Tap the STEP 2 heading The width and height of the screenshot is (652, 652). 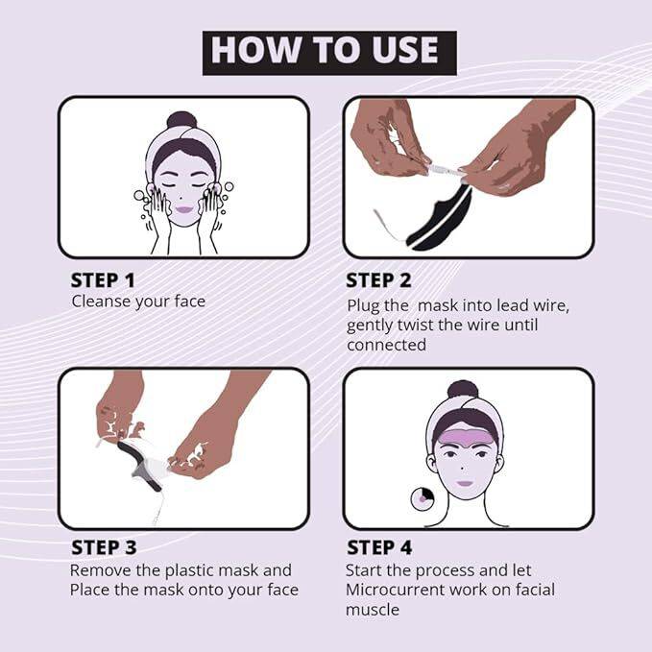[x=379, y=280]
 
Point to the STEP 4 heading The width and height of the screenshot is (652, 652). [x=379, y=548]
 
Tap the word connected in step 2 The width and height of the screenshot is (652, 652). [x=386, y=345]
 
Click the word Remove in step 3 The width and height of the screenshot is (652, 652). [x=99, y=570]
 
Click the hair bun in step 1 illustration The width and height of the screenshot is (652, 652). [x=181, y=120]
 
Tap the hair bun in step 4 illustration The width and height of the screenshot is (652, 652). [x=464, y=390]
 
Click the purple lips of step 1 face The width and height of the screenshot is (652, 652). [x=182, y=208]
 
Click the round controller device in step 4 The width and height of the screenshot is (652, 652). [x=423, y=498]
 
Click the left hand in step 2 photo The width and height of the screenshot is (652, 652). [x=384, y=139]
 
